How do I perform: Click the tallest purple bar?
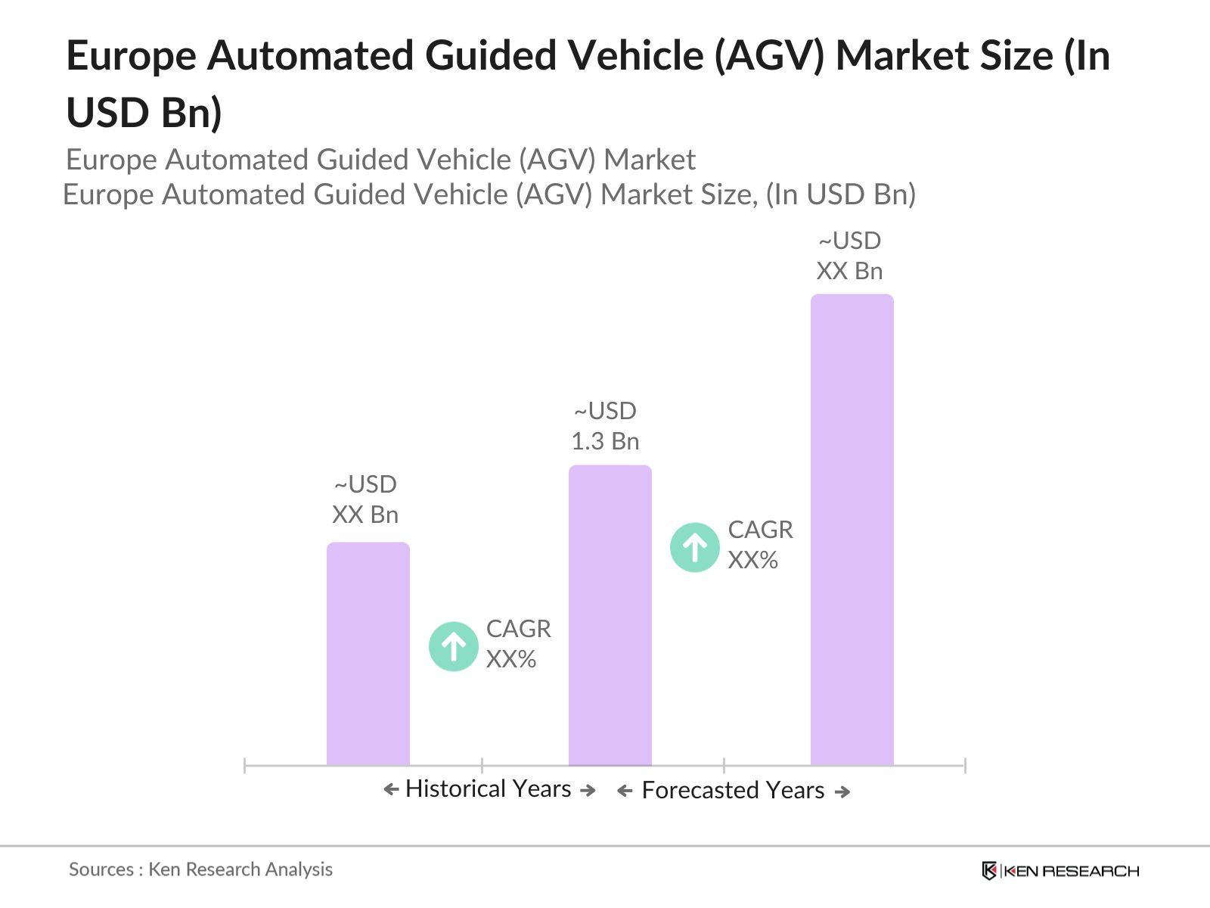pyautogui.click(x=852, y=530)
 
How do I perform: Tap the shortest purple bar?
pyautogui.click(x=368, y=654)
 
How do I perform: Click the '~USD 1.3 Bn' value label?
pyautogui.click(x=605, y=426)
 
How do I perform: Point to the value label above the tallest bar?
pyautogui.click(x=849, y=256)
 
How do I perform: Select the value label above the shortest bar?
pyautogui.click(x=365, y=499)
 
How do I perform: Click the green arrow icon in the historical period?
pyautogui.click(x=453, y=646)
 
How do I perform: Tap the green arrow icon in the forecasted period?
pyautogui.click(x=694, y=547)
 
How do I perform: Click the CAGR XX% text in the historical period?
pyautogui.click(x=518, y=644)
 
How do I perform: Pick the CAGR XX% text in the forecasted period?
pyautogui.click(x=759, y=545)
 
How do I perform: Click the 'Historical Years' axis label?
pyautogui.click(x=489, y=789)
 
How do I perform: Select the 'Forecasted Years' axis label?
pyautogui.click(x=733, y=791)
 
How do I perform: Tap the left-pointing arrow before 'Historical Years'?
pyautogui.click(x=391, y=790)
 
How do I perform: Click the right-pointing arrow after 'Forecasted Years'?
pyautogui.click(x=842, y=791)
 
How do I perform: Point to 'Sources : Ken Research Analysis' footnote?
pyautogui.click(x=200, y=869)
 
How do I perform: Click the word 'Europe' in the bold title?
pyautogui.click(x=132, y=57)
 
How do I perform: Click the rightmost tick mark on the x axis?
pyautogui.click(x=965, y=765)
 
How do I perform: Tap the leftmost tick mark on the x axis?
pyautogui.click(x=245, y=765)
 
